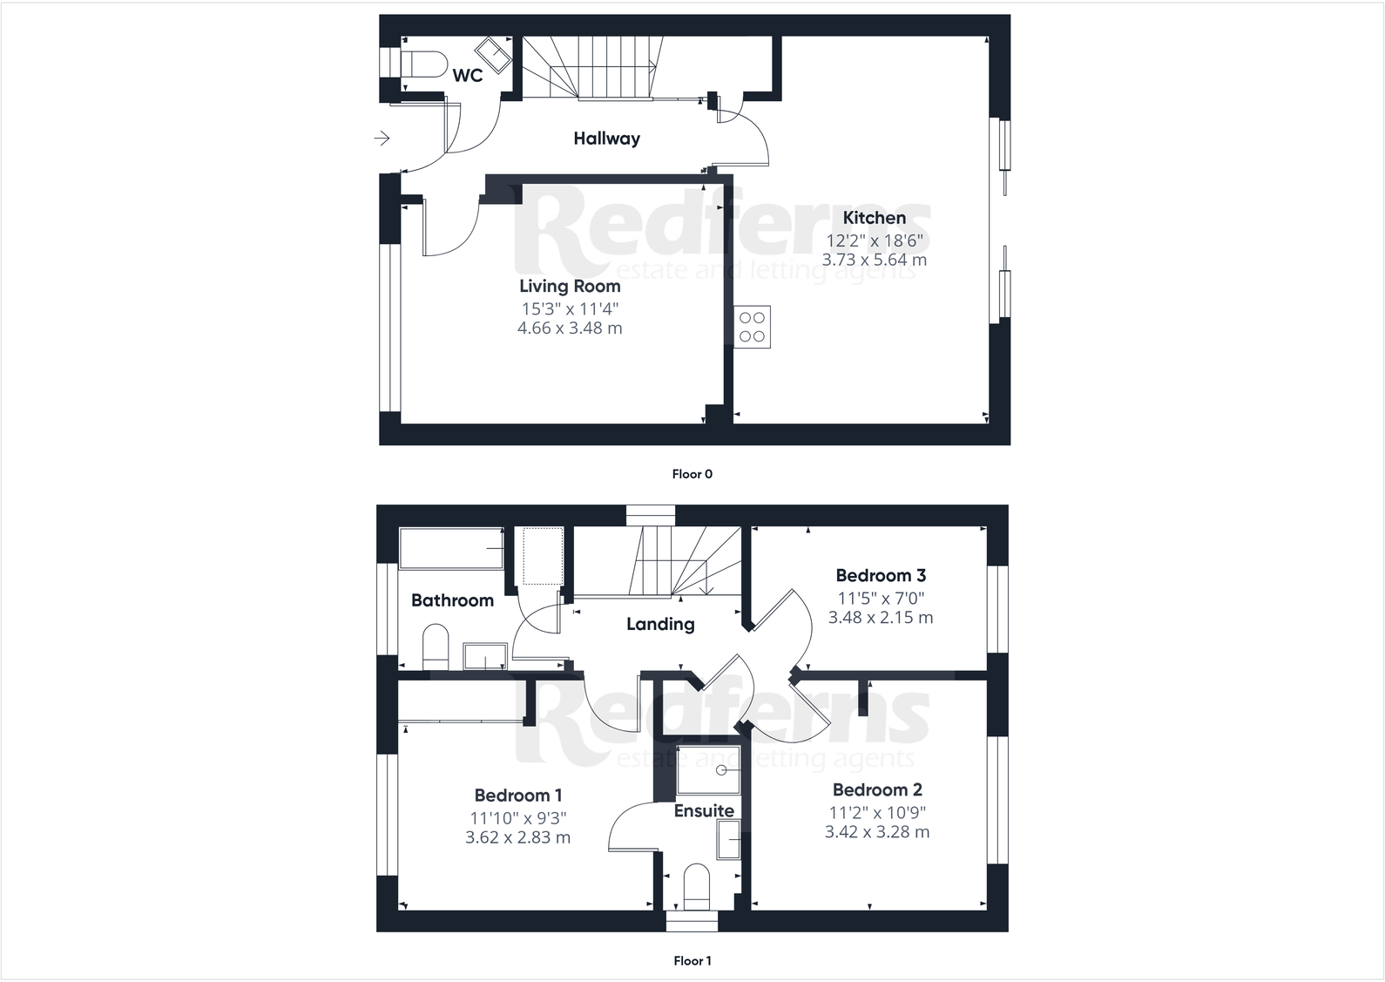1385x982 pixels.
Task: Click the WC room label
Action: click(x=467, y=76)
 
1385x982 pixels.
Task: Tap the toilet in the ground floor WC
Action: click(x=422, y=64)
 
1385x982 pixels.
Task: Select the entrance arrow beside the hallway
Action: click(x=382, y=138)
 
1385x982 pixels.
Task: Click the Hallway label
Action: click(x=606, y=138)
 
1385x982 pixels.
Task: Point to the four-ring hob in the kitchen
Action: click(x=752, y=327)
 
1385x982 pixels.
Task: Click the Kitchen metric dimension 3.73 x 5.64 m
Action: click(x=874, y=260)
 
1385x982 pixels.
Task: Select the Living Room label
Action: click(x=570, y=286)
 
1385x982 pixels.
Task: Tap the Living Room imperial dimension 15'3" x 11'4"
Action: click(x=570, y=308)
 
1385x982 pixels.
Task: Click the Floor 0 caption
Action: click(x=692, y=474)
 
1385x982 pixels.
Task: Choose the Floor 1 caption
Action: click(x=692, y=961)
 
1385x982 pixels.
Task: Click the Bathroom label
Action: click(x=452, y=600)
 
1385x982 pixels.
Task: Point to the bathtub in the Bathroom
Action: click(x=451, y=548)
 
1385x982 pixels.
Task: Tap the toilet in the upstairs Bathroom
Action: click(x=435, y=647)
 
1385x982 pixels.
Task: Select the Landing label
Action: click(x=660, y=624)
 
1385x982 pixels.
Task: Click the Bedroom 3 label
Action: click(x=880, y=575)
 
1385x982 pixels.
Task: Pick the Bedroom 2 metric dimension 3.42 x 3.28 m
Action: click(x=876, y=832)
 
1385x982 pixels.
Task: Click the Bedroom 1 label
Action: click(x=517, y=795)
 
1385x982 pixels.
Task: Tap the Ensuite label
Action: click(x=704, y=810)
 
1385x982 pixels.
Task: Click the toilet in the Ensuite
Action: click(x=698, y=884)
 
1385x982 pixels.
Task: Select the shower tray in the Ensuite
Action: click(x=708, y=769)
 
